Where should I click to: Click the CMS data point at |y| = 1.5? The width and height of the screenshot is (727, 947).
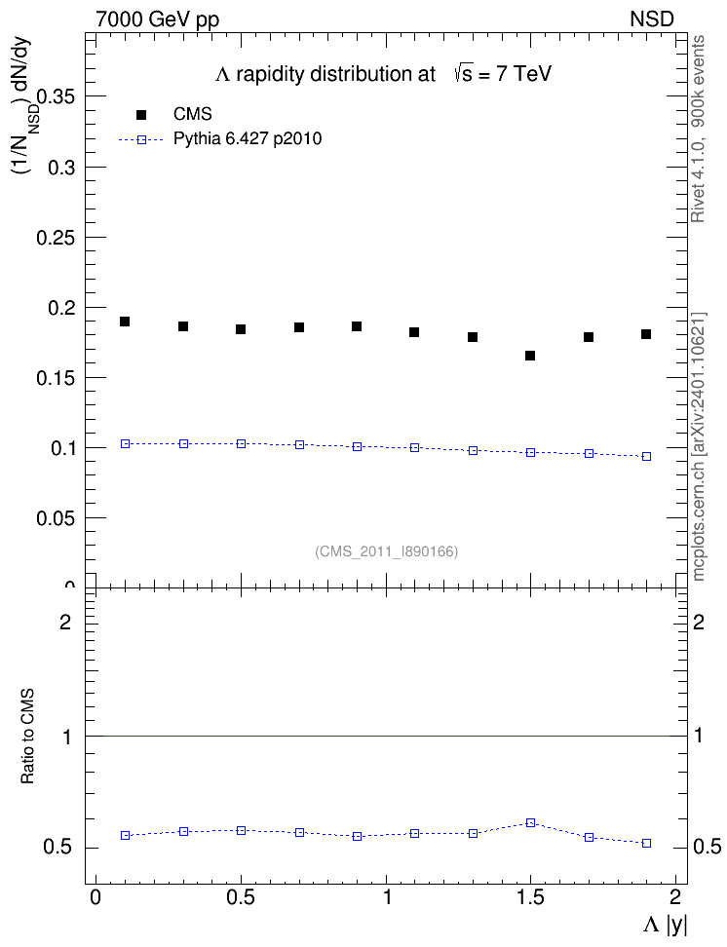(x=530, y=356)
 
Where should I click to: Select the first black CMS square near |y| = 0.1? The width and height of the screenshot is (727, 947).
(x=125, y=322)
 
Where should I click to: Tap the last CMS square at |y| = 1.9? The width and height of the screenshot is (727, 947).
(x=646, y=334)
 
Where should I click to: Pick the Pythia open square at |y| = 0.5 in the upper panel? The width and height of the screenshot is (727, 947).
(x=241, y=444)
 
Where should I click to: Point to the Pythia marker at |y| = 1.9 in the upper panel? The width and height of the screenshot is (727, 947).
(x=647, y=457)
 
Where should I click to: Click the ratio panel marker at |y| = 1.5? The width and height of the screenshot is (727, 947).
(x=530, y=822)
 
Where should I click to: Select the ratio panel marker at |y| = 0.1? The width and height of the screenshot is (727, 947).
(x=125, y=835)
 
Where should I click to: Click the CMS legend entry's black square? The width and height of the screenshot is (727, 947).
(x=141, y=114)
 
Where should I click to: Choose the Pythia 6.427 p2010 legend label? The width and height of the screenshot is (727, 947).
(x=248, y=139)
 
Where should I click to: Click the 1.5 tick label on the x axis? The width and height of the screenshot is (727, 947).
(x=530, y=897)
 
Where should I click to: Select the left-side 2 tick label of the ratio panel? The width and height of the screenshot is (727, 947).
(x=65, y=622)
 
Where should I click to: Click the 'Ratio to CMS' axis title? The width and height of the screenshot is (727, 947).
(x=27, y=737)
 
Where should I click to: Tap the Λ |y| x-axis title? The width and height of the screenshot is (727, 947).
(x=665, y=925)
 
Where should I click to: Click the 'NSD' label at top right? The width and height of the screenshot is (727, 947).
(x=652, y=19)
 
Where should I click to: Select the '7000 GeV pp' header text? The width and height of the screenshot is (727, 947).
(x=157, y=19)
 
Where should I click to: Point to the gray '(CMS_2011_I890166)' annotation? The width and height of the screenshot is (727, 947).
(x=387, y=551)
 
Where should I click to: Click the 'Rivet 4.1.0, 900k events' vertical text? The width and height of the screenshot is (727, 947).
(x=698, y=129)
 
